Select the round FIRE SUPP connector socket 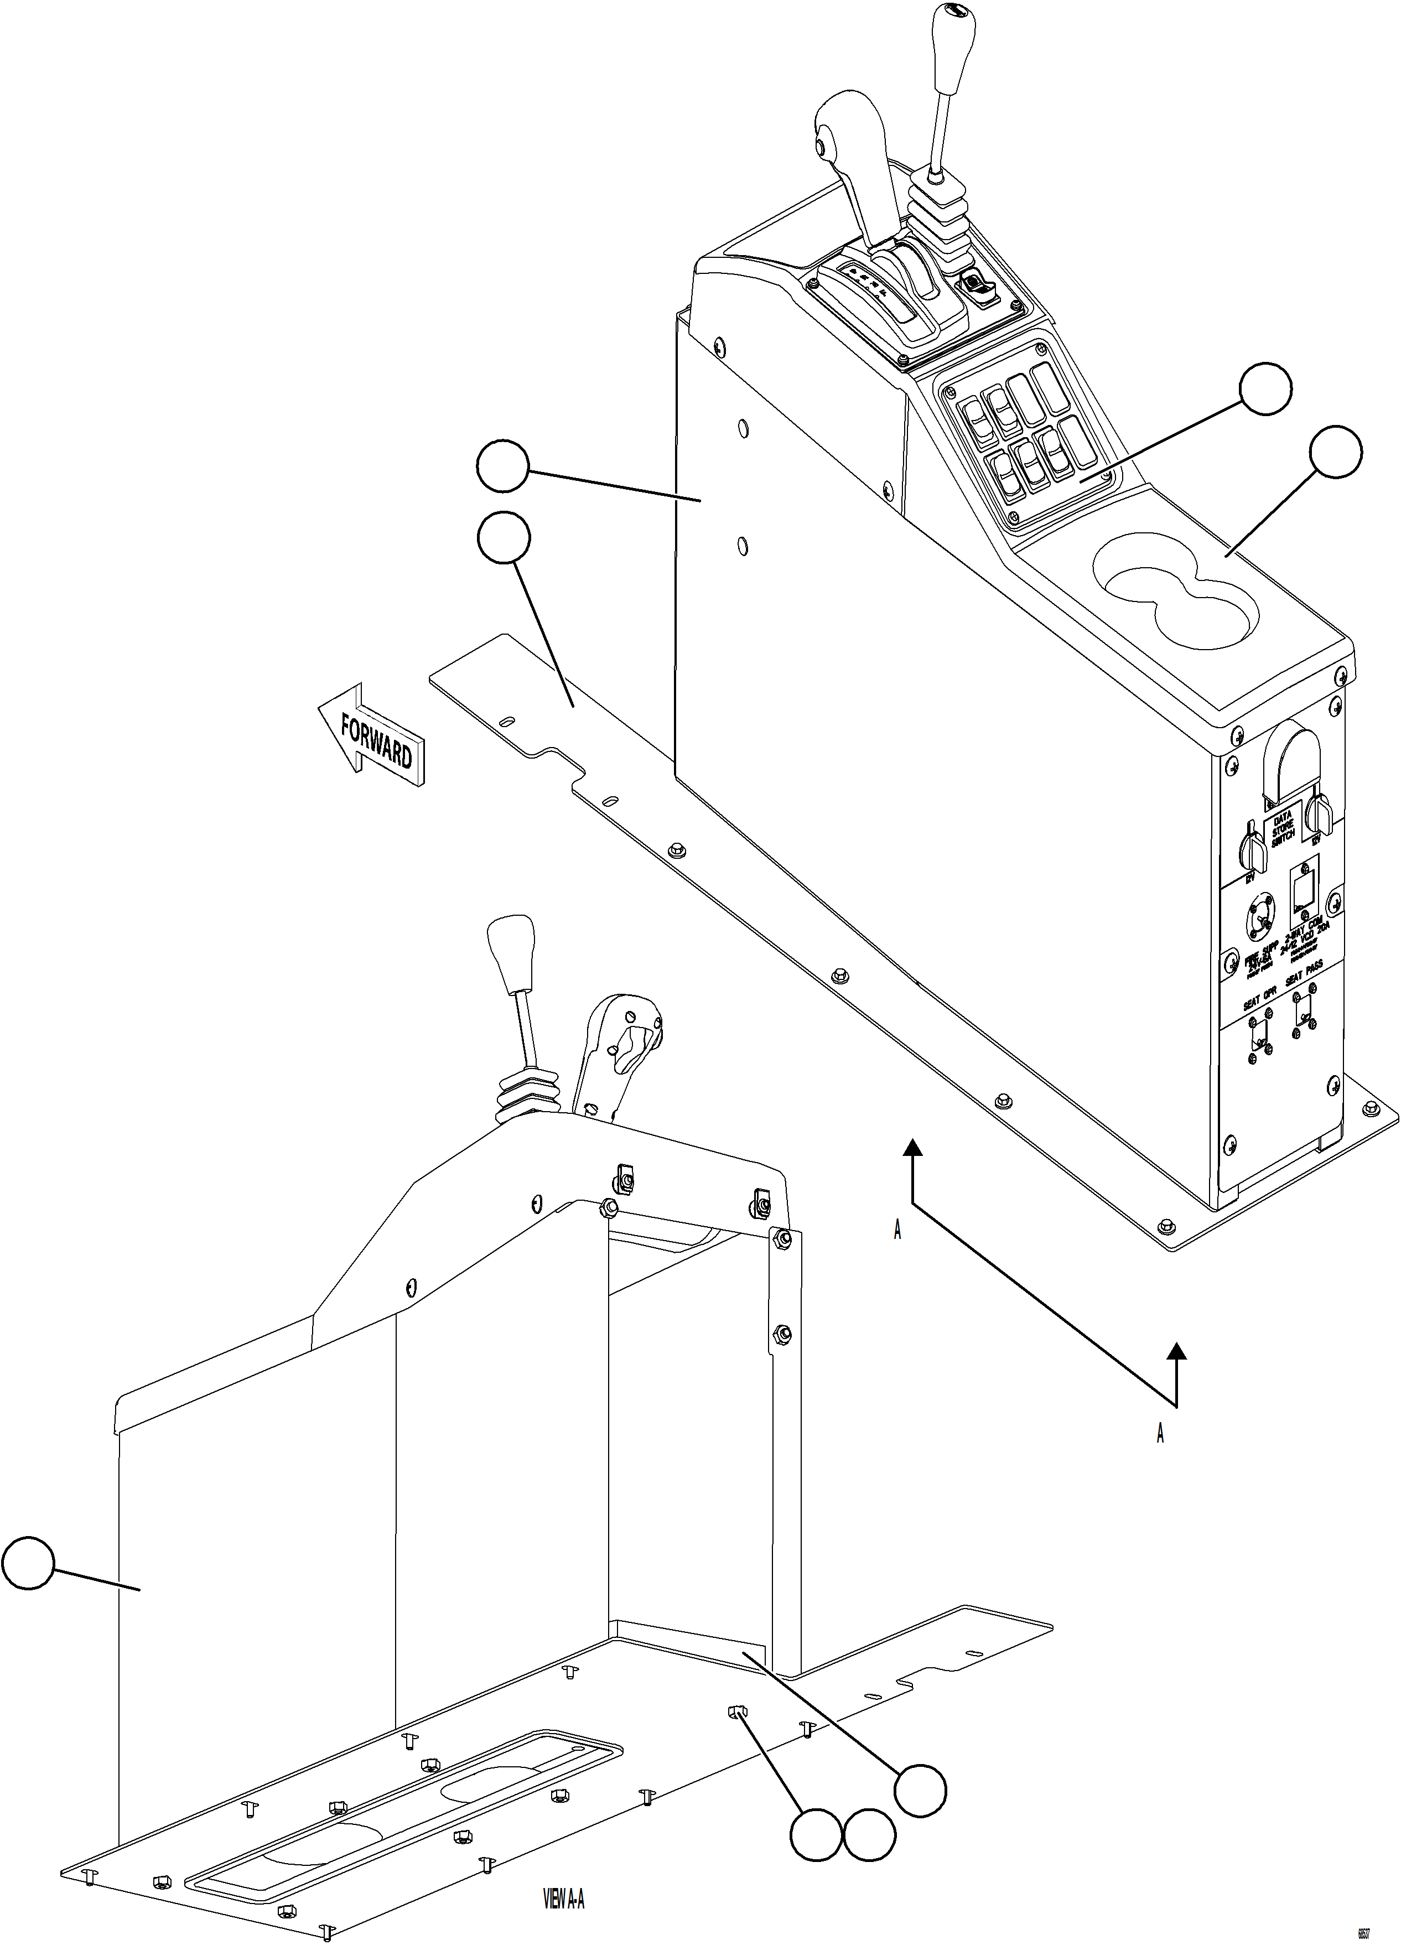pos(1261,917)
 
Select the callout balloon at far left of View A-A pos(28,1563)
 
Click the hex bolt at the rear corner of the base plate pos(1165,1226)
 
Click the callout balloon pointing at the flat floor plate pos(504,538)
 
